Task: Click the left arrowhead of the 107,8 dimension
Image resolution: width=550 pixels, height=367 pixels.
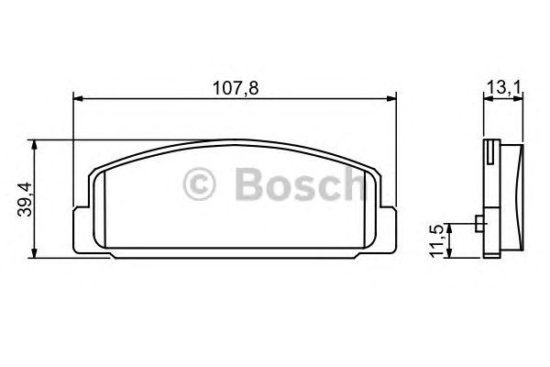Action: pyautogui.click(x=78, y=98)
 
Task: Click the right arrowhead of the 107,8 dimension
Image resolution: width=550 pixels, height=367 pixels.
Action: pyautogui.click(x=392, y=98)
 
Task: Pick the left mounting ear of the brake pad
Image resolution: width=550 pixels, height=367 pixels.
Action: pyautogui.click(x=81, y=229)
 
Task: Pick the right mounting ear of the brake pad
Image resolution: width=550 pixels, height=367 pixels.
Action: pyautogui.click(x=390, y=229)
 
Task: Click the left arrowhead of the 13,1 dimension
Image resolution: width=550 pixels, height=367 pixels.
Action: pyautogui.click(x=487, y=98)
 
